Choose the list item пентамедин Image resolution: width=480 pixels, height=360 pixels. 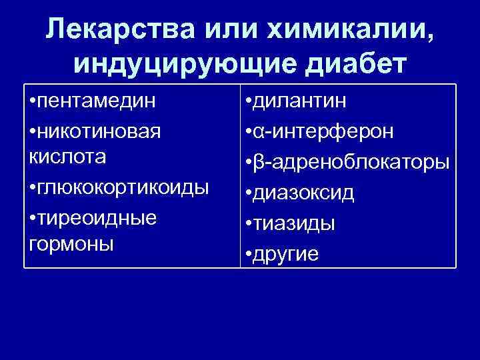coord(97,103)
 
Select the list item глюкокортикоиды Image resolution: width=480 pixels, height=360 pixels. coord(124,187)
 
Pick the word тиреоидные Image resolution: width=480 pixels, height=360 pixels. coord(97,217)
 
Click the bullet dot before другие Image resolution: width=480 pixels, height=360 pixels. coord(248,255)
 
